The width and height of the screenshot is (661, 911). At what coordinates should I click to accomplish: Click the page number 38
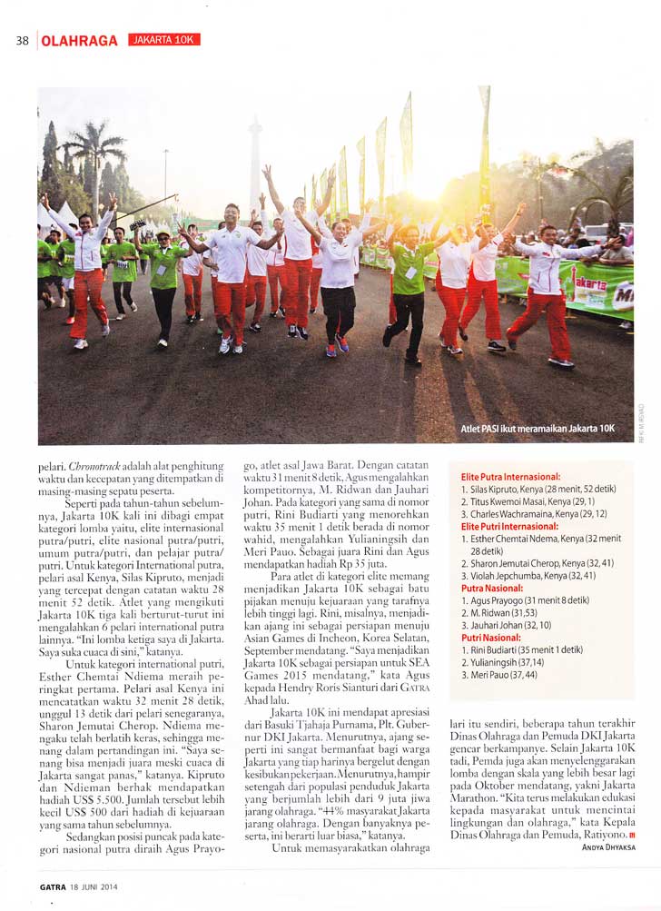coord(23,40)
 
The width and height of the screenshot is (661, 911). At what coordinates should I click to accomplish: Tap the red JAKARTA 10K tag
coord(163,40)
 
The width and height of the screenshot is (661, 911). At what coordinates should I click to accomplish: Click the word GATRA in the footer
coord(52,886)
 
